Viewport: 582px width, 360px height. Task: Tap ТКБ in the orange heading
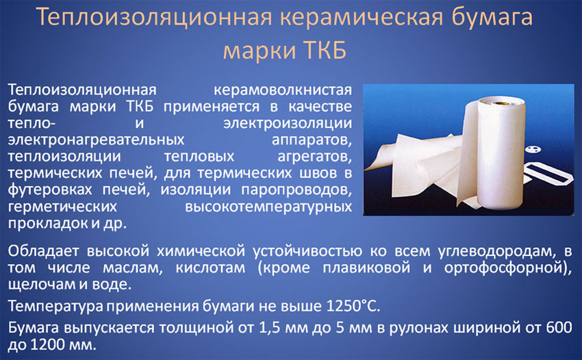coord(325,50)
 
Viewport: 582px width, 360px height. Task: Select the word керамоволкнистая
coord(283,90)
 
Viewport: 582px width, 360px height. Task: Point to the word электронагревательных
coord(96,140)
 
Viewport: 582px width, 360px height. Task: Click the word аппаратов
coord(312,140)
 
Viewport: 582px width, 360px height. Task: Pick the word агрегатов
coord(315,157)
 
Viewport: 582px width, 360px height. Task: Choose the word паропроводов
coord(296,190)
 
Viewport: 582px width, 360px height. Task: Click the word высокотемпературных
coord(268,207)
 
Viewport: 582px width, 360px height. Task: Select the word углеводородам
coord(497,252)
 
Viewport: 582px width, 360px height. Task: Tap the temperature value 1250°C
coord(353,306)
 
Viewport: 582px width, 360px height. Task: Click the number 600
coord(559,328)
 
